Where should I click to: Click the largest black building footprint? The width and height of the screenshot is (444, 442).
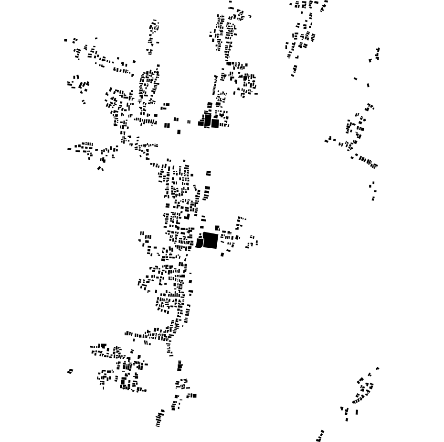[x=211, y=240]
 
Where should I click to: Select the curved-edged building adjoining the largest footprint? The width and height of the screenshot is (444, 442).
[x=199, y=243]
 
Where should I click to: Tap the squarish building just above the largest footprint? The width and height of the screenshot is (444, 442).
[x=217, y=228]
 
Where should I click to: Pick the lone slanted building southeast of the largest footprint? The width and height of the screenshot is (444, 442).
[x=222, y=254]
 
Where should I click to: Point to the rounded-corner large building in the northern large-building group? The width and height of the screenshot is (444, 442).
[x=208, y=121]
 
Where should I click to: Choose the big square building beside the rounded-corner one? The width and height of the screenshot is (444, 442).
[x=215, y=123]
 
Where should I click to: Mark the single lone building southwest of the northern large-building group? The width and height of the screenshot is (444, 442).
[x=179, y=132]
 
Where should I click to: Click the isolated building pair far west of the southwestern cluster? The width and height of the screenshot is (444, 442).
[x=70, y=371]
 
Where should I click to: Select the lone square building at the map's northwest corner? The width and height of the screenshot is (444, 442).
[x=66, y=40]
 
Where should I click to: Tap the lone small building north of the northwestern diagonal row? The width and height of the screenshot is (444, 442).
[x=96, y=38]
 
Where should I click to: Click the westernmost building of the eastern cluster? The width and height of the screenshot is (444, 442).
[x=327, y=141]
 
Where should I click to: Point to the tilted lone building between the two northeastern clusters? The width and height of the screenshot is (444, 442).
[x=355, y=78]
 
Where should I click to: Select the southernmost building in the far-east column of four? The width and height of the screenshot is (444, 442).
[x=373, y=199]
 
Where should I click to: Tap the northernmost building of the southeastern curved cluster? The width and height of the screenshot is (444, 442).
[x=377, y=368]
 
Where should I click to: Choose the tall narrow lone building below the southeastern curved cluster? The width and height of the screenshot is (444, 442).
[x=357, y=412]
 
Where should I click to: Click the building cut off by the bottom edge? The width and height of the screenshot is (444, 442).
[x=318, y=440]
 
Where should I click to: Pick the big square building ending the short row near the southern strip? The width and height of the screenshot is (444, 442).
[x=194, y=396]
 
